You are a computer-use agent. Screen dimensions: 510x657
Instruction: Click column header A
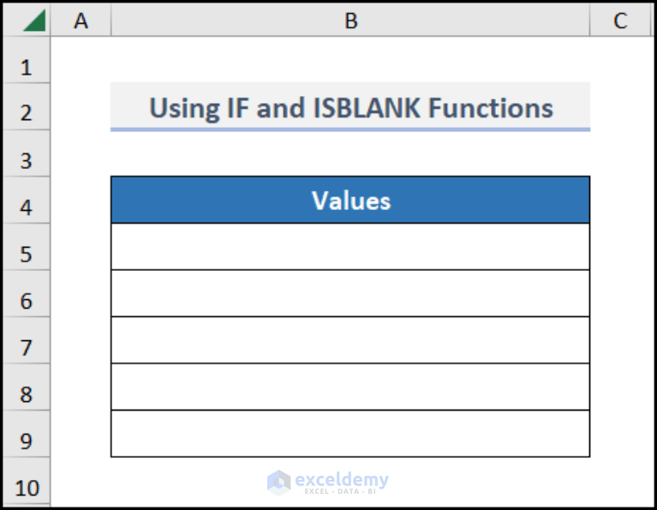(81, 21)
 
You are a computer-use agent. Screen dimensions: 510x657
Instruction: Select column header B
(350, 21)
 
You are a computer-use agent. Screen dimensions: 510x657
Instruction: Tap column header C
(620, 21)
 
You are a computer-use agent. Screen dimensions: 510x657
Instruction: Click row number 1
(26, 67)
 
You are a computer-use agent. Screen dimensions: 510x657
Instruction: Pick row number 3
(26, 160)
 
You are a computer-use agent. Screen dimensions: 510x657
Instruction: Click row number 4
(26, 207)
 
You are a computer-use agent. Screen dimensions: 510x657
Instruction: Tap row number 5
(26, 255)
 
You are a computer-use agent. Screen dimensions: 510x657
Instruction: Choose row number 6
(26, 301)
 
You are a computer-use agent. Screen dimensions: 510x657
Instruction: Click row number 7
(26, 348)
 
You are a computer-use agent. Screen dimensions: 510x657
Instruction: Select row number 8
(26, 394)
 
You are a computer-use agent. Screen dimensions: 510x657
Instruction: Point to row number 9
(26, 441)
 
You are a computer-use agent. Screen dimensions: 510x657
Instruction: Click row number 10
(26, 488)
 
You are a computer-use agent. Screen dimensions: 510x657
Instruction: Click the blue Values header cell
(350, 201)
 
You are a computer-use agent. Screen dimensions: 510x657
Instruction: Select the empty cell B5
(350, 247)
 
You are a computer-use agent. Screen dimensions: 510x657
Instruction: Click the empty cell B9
(350, 434)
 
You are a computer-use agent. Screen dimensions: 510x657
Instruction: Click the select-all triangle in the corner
(34, 21)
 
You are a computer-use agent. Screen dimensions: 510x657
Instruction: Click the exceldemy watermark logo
(278, 482)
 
